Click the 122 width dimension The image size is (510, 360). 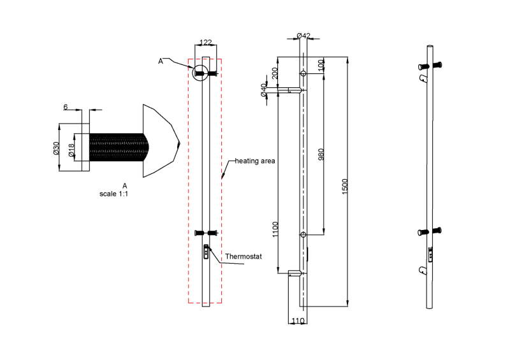coord(205,42)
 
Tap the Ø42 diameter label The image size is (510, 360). coord(303,35)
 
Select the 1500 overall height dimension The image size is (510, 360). coord(345,186)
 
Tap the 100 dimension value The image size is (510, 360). coord(321,64)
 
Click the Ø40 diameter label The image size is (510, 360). coord(264,90)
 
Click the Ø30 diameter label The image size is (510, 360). coord(57,148)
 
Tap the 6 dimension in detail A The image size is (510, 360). coord(66,108)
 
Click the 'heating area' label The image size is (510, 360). coord(255,161)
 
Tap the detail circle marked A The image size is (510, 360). coord(201,73)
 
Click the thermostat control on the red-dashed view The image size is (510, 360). coord(206,253)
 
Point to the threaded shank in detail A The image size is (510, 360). coord(119,147)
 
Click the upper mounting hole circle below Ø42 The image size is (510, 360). coord(303,74)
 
